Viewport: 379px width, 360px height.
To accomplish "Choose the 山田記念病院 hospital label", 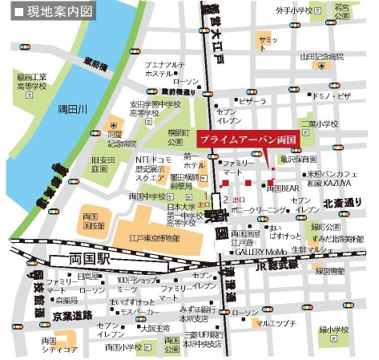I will point(322,57).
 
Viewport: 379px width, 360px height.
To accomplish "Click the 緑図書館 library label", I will point(330,272).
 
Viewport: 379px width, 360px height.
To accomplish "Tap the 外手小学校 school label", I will point(293,11).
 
